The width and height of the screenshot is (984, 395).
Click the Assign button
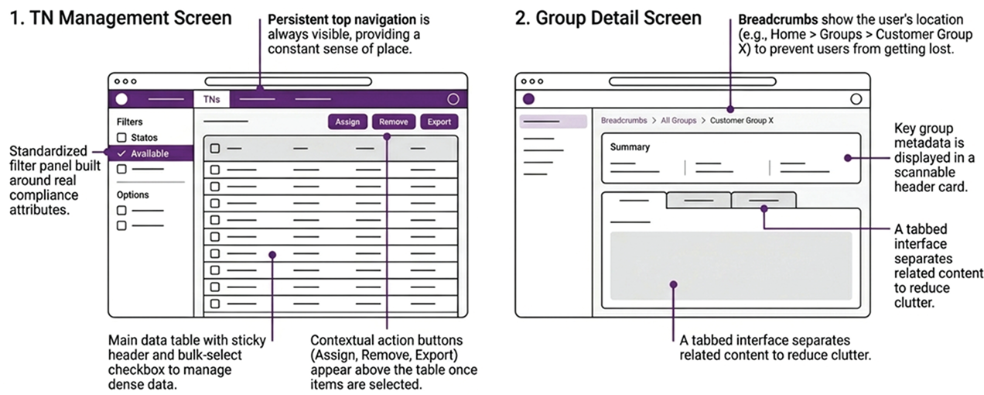tap(347, 122)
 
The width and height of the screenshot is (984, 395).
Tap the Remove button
tap(394, 122)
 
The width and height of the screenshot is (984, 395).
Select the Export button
tap(439, 122)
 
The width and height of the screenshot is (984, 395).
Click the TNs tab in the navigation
tap(211, 99)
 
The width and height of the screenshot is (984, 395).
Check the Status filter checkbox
tap(121, 138)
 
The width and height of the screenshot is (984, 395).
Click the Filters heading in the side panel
tap(130, 122)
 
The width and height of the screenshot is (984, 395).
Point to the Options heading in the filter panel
tap(133, 194)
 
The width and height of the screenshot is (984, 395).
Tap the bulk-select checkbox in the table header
tap(215, 148)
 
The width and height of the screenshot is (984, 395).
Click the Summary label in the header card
tap(630, 146)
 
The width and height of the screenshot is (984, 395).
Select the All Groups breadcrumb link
tap(678, 121)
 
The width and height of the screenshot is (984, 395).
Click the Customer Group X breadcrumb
tap(741, 121)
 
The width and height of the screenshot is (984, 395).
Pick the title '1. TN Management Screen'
tap(121, 18)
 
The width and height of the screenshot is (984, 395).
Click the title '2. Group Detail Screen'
tap(609, 18)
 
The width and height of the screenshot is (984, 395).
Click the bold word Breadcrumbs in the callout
tap(778, 19)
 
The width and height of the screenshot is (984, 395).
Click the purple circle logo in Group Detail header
tap(529, 99)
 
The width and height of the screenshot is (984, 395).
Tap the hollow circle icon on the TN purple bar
tap(453, 99)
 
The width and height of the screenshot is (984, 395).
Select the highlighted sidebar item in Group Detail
tap(552, 122)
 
